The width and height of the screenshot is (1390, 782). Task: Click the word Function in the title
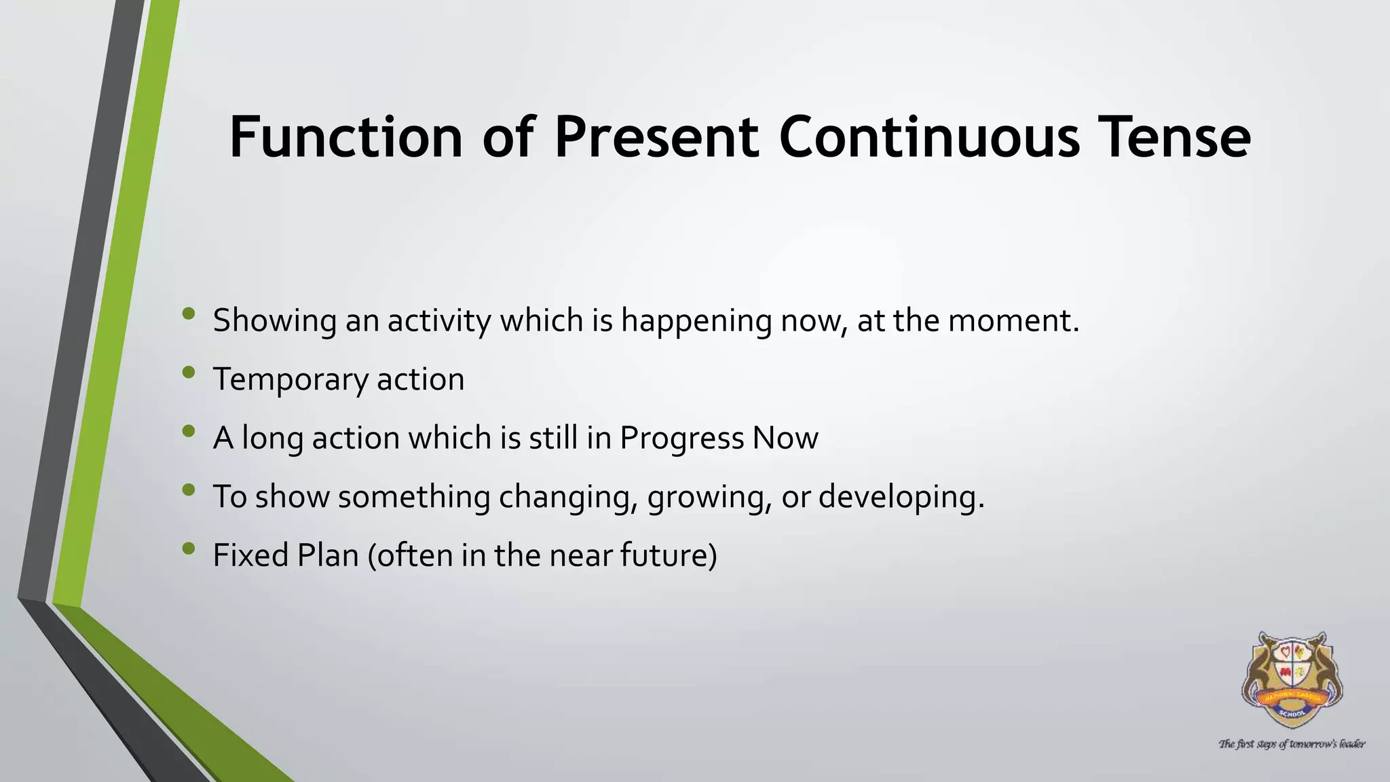click(x=345, y=137)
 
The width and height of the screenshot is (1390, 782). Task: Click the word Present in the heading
click(x=656, y=137)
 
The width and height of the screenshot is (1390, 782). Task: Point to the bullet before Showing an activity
click(x=189, y=314)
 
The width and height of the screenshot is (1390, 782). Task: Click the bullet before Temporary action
click(x=189, y=372)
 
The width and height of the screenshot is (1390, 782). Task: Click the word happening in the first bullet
click(x=696, y=321)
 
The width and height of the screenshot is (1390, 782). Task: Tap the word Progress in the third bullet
click(x=681, y=439)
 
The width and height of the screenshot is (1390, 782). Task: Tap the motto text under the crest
click(x=1292, y=744)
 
